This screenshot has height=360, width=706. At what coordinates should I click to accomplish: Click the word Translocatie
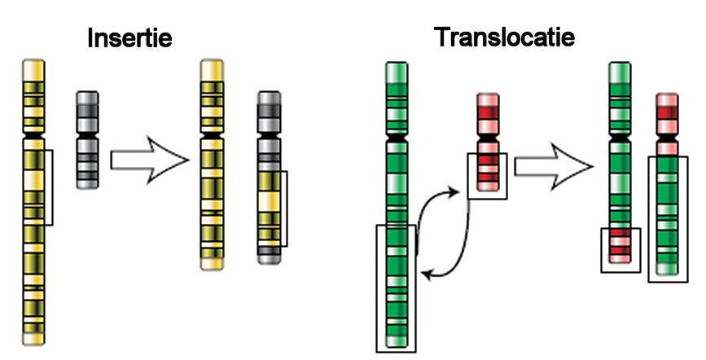click(x=505, y=37)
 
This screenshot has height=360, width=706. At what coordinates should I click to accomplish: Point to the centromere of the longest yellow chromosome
click(x=33, y=131)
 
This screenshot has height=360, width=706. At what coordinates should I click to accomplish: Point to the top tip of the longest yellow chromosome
click(x=33, y=64)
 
